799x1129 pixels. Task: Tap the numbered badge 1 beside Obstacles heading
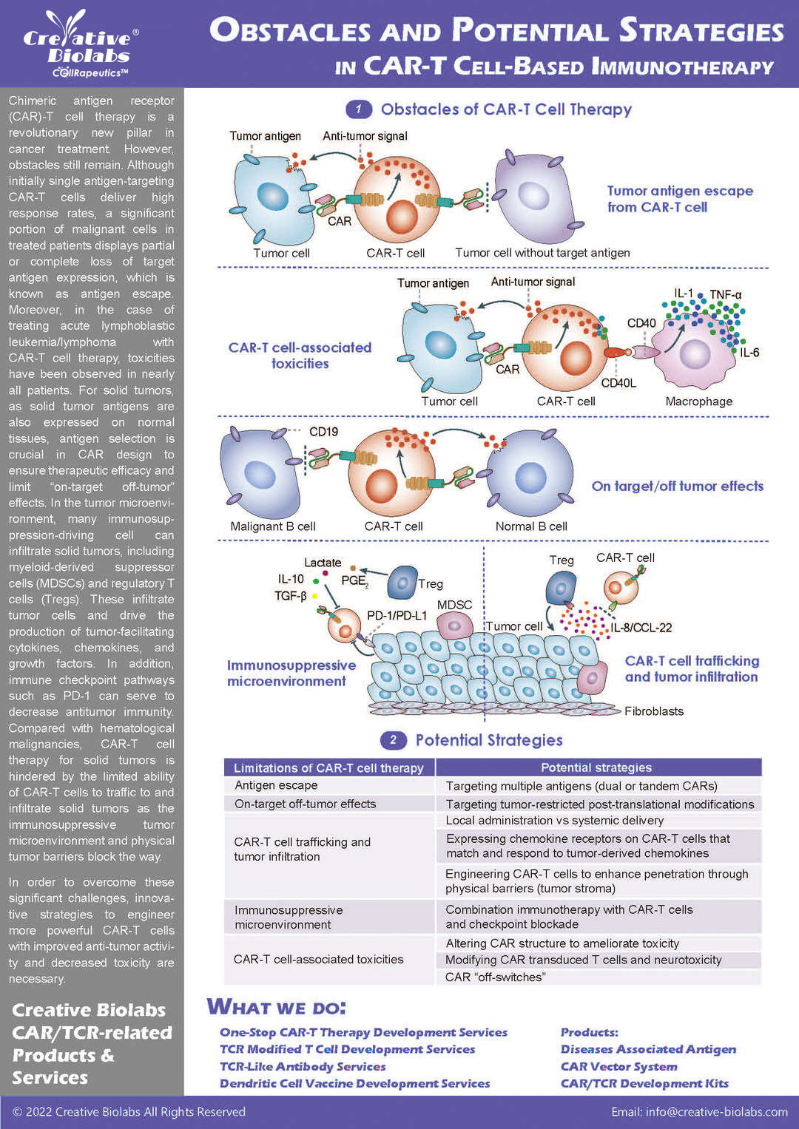[359, 109]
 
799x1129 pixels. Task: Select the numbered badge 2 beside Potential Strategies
[393, 740]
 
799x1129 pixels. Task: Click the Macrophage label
[699, 401]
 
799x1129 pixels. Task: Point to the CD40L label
[618, 383]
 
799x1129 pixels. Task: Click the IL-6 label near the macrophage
[749, 353]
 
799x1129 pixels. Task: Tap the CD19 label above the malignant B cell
[323, 432]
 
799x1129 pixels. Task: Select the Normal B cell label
[531, 526]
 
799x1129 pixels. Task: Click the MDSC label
[454, 605]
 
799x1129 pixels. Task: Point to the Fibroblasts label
[654, 711]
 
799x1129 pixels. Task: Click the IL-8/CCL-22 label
[641, 628]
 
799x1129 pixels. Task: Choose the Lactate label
[323, 563]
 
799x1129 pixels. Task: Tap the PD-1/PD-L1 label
[397, 615]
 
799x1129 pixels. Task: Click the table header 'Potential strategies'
[596, 767]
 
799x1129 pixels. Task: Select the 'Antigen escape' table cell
[276, 785]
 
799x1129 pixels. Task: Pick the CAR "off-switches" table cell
[496, 977]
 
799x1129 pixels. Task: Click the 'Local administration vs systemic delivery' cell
[555, 820]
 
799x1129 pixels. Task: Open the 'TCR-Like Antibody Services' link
[303, 1066]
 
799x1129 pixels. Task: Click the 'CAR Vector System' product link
[619, 1066]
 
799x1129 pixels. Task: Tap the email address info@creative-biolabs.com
[699, 1111]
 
